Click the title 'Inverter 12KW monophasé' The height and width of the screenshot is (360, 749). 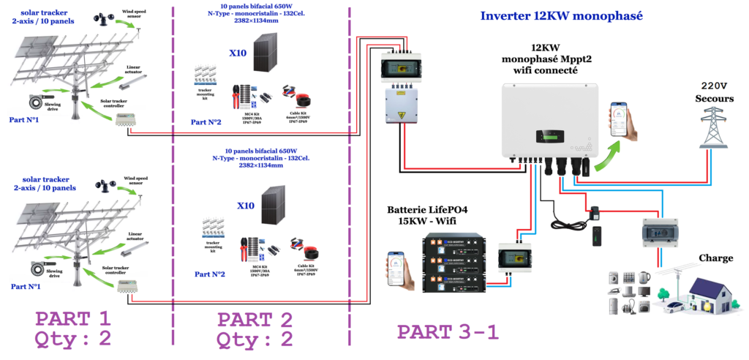click(561, 16)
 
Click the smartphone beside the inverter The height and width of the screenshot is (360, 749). click(623, 120)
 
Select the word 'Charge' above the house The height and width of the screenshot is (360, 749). click(715, 258)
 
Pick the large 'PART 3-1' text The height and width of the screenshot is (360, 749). click(448, 331)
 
